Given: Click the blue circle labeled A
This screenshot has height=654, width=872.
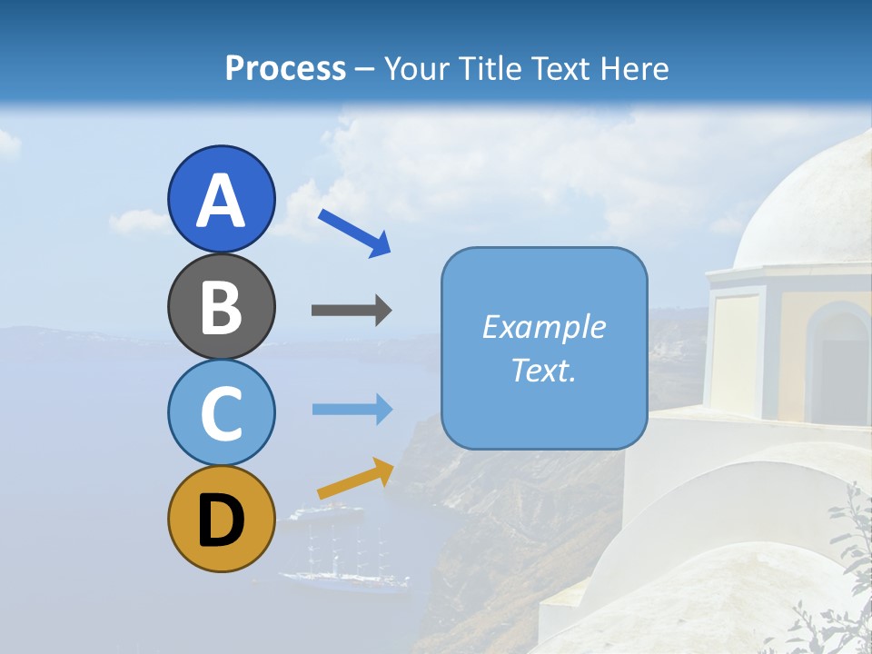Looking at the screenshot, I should click(221, 199).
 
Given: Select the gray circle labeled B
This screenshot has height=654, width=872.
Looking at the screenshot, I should click(221, 306).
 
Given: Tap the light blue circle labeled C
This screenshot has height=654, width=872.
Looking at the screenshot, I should click(221, 412).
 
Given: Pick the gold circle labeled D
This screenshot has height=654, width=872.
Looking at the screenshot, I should click(221, 519).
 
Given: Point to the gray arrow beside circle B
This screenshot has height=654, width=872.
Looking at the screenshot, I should click(352, 311).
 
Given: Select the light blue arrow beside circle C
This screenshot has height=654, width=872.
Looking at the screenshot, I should click(352, 409).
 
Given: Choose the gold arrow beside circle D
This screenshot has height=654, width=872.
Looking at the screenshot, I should click(355, 479).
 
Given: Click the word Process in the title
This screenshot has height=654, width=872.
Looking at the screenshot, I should click(285, 68).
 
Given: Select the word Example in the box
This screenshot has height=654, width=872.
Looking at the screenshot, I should click(543, 327).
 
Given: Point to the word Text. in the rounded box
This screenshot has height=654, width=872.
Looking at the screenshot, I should click(543, 371).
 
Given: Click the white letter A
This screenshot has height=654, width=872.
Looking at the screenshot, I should click(221, 201).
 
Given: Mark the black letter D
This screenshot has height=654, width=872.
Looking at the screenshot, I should click(221, 520).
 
